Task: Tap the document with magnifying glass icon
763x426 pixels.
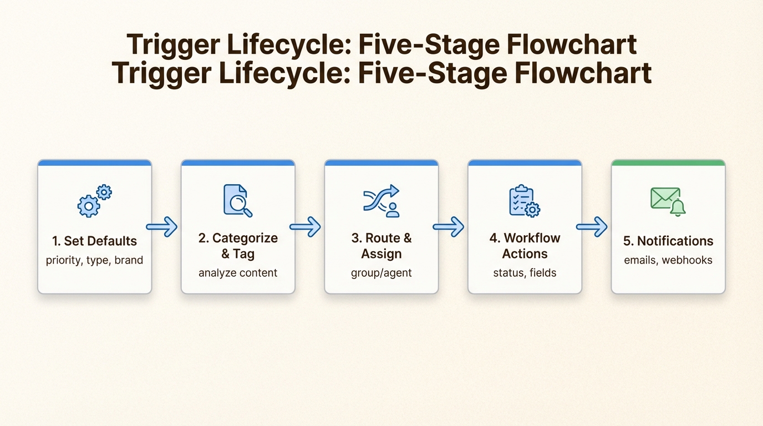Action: tap(238, 200)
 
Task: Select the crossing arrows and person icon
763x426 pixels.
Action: tap(381, 201)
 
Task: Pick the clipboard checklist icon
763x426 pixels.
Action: tap(525, 201)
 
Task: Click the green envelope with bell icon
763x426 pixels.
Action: tap(668, 201)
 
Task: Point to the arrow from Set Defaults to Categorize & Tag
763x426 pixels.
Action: tap(162, 227)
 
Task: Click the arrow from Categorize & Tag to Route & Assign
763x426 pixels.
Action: tap(305, 227)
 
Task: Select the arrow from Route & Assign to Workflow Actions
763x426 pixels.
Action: tap(449, 227)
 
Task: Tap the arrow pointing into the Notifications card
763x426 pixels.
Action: tap(592, 227)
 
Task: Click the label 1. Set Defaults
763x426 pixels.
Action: tap(94, 241)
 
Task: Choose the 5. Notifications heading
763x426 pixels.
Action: tap(668, 241)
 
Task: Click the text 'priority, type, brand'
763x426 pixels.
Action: tap(94, 260)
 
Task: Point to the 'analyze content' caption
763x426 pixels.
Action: tap(238, 273)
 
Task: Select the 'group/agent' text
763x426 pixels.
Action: tap(381, 273)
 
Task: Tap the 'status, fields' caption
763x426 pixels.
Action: tap(525, 273)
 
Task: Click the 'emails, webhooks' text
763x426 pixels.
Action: tap(668, 260)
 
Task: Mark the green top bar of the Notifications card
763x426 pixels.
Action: tap(668, 163)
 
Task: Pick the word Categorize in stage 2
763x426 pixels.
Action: tap(245, 238)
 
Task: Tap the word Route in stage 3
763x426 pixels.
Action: tap(381, 238)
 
